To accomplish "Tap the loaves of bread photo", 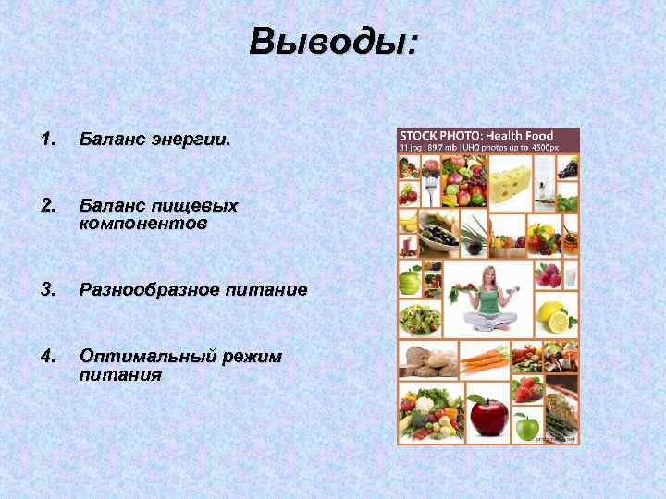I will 427,361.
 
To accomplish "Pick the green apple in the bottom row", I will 526,426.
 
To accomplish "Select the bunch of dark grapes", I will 569,167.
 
